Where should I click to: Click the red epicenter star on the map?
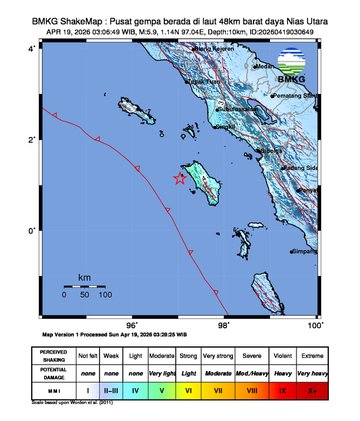pos(179,179)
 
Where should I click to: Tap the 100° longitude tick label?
pos(313,325)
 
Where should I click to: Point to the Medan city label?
pos(266,67)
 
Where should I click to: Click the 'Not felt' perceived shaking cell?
pos(87,353)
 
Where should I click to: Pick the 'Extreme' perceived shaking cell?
pos(316,353)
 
